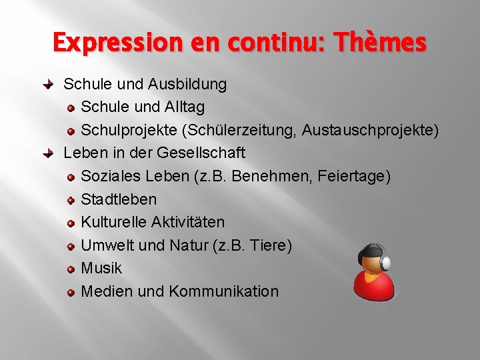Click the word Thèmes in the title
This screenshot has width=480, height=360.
coord(381,43)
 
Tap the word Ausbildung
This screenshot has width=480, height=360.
coord(188,85)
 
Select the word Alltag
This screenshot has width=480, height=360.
coord(182,107)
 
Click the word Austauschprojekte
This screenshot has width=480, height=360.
coord(369,131)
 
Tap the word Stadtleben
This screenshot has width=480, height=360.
coord(119,199)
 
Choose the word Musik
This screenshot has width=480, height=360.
coord(101,268)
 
